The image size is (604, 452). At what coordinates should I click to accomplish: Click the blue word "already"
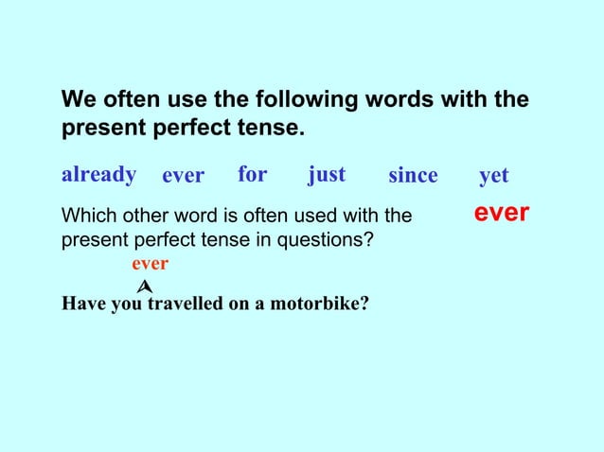pyautogui.click(x=98, y=175)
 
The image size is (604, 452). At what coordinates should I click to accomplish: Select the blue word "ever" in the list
pyautogui.click(x=183, y=176)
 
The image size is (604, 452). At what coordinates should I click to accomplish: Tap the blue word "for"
pyautogui.click(x=252, y=175)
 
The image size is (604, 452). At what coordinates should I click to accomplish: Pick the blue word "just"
pyautogui.click(x=327, y=175)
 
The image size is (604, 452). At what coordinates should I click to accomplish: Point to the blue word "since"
pyautogui.click(x=413, y=176)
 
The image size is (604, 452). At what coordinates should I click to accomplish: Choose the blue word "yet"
pyautogui.click(x=494, y=176)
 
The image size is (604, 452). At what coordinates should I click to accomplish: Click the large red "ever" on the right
pyautogui.click(x=501, y=214)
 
